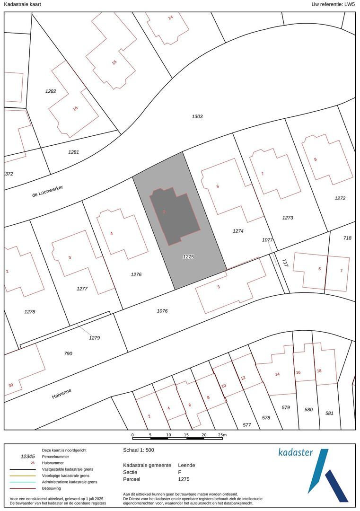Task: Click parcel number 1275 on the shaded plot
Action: coord(189,256)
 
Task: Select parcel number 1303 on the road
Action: coord(197,116)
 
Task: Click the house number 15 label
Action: coord(114,62)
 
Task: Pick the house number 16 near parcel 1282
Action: coord(75,108)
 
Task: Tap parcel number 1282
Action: coord(51,91)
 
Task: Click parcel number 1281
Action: coord(73,152)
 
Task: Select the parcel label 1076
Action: coord(162,311)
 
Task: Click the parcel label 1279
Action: coord(95,338)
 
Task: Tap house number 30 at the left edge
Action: coord(11,385)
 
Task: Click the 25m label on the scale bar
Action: coord(222,435)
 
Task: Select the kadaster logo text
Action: coord(296,452)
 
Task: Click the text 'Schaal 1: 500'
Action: coord(139,450)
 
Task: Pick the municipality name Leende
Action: coord(186,465)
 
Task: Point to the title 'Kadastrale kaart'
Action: coord(22,4)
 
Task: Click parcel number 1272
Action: coord(340,198)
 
